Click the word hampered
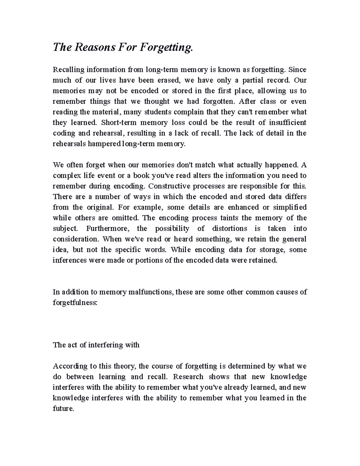pos(104,144)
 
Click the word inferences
pos(70,260)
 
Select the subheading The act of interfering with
pos(96,345)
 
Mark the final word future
pos(63,408)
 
